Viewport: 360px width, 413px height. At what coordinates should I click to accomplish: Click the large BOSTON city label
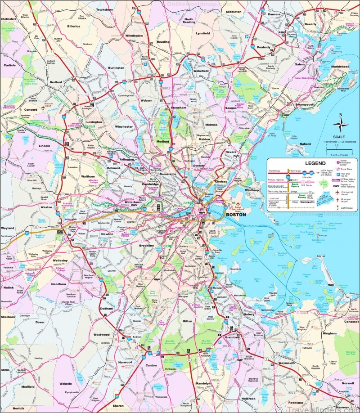tap(236, 215)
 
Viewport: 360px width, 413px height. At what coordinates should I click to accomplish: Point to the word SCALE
tap(339, 137)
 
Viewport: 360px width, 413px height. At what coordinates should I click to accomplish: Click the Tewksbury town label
tap(104, 9)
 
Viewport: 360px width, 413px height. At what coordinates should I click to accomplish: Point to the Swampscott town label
tap(305, 104)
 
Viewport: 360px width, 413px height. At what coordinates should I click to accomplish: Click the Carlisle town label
tap(9, 65)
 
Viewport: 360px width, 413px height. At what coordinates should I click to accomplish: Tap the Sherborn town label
tap(8, 316)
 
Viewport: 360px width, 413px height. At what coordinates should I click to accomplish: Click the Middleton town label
tap(234, 11)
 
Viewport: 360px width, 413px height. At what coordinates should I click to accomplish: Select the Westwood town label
tap(101, 335)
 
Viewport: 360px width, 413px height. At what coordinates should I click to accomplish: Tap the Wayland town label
tap(8, 228)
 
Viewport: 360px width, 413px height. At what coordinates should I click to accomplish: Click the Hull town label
tap(331, 285)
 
